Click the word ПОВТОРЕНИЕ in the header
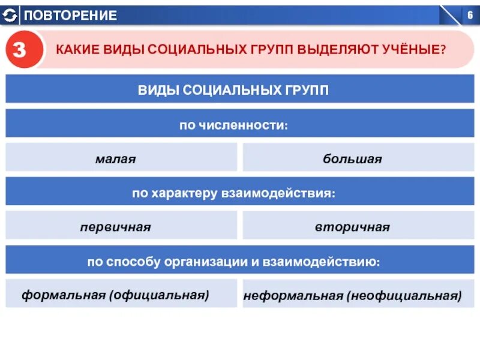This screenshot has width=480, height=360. [71, 16]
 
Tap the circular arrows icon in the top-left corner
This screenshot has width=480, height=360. [10, 16]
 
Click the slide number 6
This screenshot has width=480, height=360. [470, 16]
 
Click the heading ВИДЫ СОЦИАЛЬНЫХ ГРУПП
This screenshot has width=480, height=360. [233, 90]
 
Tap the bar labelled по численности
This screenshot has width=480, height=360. [233, 125]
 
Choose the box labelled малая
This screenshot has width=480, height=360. [116, 160]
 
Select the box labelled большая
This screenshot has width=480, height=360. [352, 160]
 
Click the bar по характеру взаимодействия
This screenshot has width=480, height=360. [233, 194]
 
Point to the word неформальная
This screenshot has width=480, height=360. [293, 296]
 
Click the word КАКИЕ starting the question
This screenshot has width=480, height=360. [76, 49]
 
